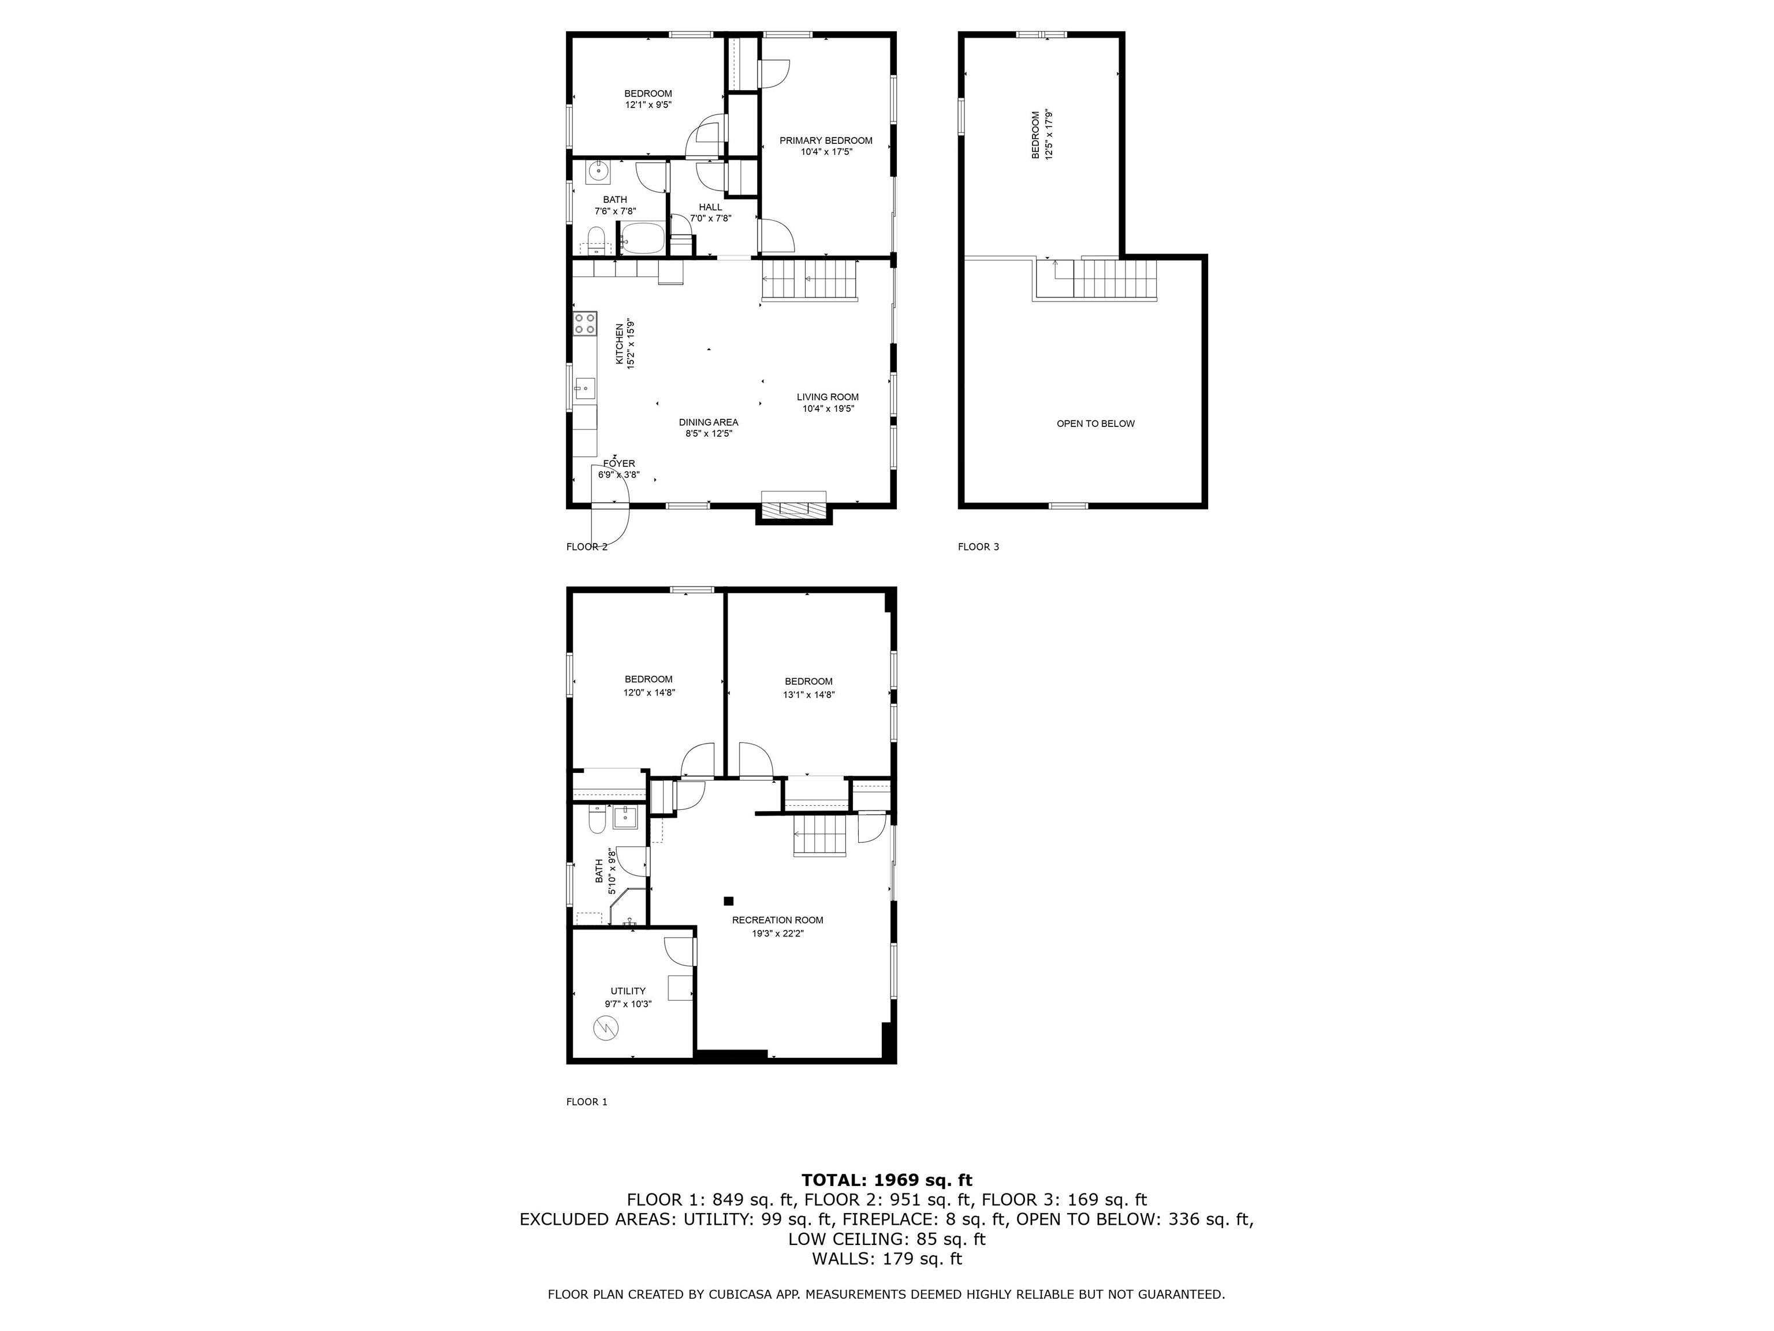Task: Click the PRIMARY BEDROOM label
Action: click(x=825, y=140)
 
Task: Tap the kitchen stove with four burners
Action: click(x=584, y=324)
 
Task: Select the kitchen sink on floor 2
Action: click(x=584, y=388)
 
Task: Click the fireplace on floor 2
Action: click(x=793, y=508)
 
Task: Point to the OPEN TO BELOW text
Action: click(x=1095, y=423)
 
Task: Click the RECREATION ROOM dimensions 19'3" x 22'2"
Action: click(x=777, y=933)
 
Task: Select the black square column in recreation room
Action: click(x=728, y=901)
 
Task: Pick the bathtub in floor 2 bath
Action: click(x=642, y=238)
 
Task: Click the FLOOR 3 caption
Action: click(x=978, y=547)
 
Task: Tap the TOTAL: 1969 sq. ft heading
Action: click(x=886, y=1180)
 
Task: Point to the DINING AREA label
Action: click(x=708, y=422)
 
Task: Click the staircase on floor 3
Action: click(x=1115, y=279)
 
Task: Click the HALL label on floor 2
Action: click(x=710, y=207)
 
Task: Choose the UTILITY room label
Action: click(x=627, y=991)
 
